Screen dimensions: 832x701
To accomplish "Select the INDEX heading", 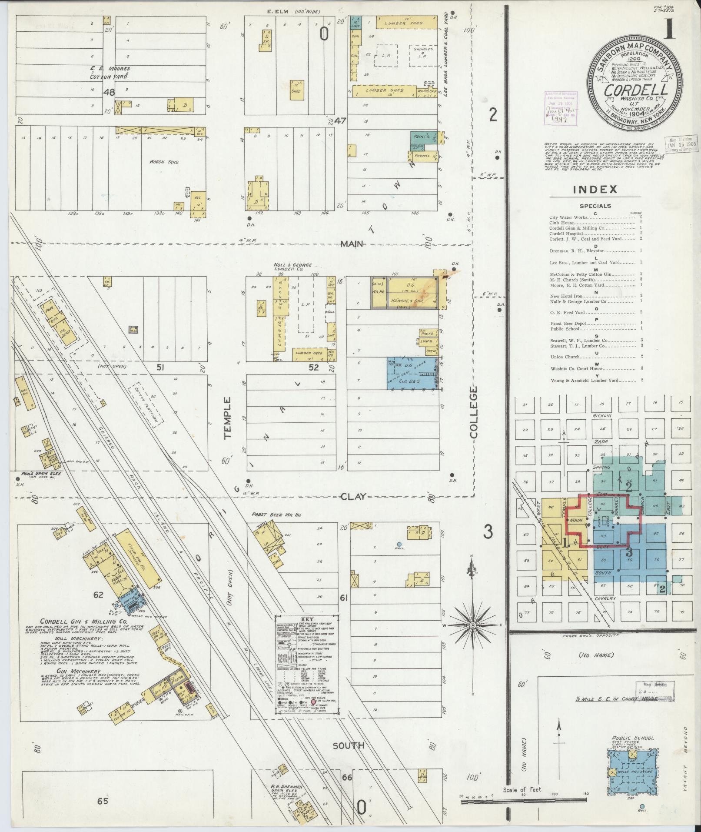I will (595, 190).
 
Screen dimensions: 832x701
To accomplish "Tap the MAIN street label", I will (352, 244).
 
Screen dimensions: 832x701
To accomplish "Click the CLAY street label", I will (353, 497).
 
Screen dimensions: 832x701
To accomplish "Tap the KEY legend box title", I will (308, 619).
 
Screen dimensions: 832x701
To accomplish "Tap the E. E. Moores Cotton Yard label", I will (110, 73).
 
